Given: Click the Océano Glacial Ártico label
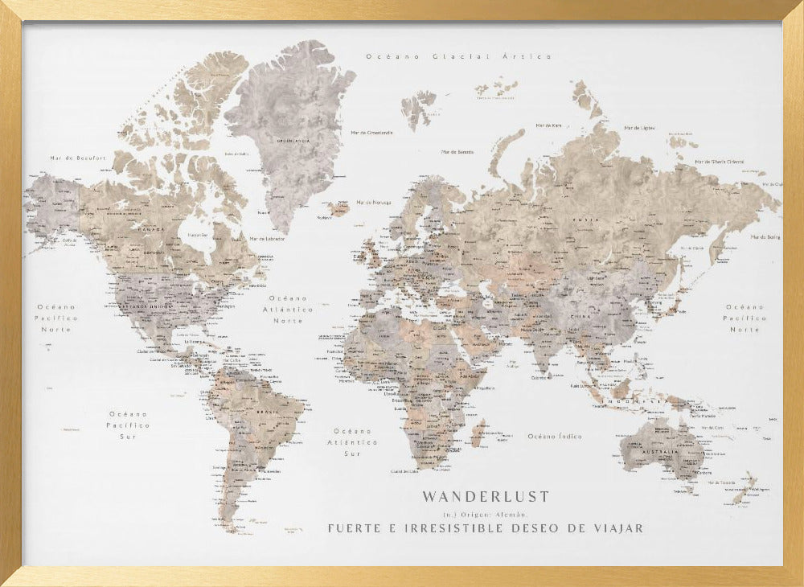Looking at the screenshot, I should pyautogui.click(x=458, y=56).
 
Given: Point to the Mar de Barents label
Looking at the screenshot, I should pyautogui.click(x=457, y=151).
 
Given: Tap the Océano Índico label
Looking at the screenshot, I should pyautogui.click(x=554, y=436).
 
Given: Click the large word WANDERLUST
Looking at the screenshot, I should pyautogui.click(x=486, y=497).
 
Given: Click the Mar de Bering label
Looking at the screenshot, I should pyautogui.click(x=766, y=237).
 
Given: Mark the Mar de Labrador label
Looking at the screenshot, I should pyautogui.click(x=267, y=239).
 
